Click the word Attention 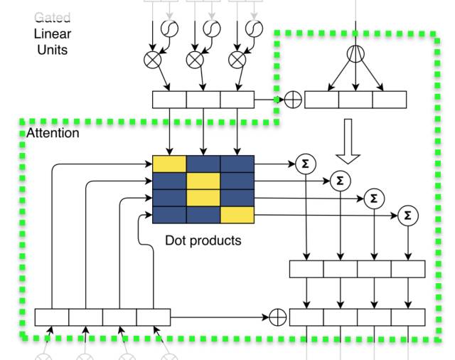[53, 134]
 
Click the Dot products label [203, 240]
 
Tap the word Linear [53, 34]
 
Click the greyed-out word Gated [53, 18]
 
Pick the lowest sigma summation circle [407, 215]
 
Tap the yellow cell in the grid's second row [203, 181]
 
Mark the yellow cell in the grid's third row [203, 197]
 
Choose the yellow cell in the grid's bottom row [237, 214]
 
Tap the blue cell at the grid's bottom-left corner [169, 214]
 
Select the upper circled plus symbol [292, 100]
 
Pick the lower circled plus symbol [278, 317]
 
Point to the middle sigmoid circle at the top [212, 29]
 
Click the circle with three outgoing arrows [355, 55]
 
